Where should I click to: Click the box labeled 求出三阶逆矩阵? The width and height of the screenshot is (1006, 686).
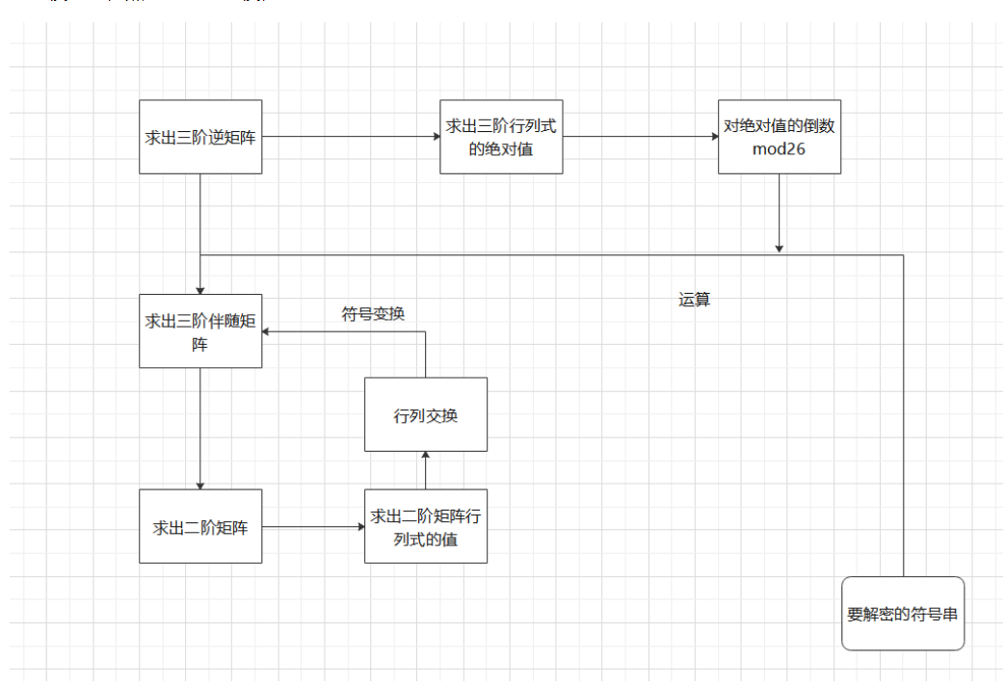tap(200, 137)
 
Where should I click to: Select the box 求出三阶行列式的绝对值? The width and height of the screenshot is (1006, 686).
tap(501, 137)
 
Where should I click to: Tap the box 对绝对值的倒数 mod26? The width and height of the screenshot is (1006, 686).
tap(779, 137)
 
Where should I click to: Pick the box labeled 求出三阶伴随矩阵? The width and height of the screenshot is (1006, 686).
tap(200, 330)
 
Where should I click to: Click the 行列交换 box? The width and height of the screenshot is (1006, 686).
tap(425, 414)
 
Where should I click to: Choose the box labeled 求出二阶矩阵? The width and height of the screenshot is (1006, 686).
tap(200, 526)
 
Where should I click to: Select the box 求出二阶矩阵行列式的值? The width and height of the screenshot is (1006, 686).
tap(425, 526)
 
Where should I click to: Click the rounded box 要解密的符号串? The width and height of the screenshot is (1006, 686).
tap(903, 613)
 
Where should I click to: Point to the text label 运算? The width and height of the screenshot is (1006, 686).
tap(694, 300)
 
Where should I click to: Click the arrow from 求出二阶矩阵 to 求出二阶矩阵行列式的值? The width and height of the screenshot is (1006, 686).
tap(313, 526)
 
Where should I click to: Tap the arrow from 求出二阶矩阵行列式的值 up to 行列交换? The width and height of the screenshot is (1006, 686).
tap(425, 470)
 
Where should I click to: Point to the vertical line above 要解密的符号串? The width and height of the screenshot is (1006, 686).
tap(903, 414)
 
